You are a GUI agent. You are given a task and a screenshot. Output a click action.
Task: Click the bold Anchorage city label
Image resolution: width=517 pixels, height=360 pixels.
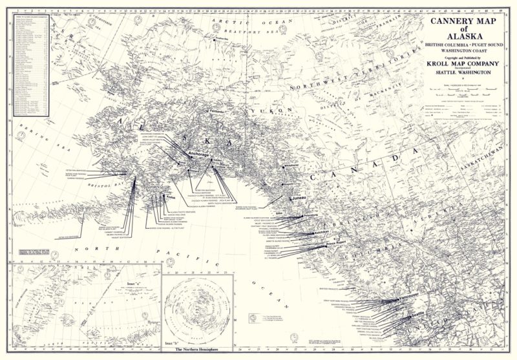[x=198, y=154]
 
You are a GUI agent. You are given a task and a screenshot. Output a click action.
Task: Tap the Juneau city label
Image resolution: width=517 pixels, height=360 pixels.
[x=297, y=198]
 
